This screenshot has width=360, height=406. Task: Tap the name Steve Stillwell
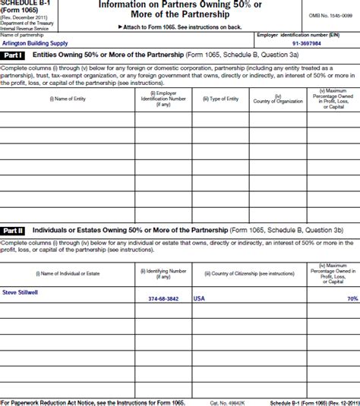pos(20,291)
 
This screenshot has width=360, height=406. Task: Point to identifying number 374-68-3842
pos(163,299)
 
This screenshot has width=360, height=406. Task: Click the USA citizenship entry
pos(199,299)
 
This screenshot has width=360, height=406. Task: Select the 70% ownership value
pos(352,299)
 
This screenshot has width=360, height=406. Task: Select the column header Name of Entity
pos(67,99)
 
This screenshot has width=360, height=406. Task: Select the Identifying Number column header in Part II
pos(163,272)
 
